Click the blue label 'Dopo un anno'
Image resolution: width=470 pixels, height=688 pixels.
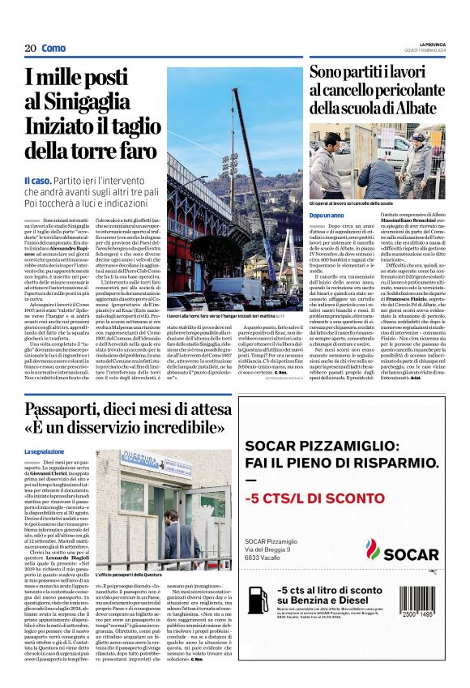pyautogui.click(x=327, y=215)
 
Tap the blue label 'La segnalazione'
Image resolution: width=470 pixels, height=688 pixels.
pyautogui.click(x=43, y=451)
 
